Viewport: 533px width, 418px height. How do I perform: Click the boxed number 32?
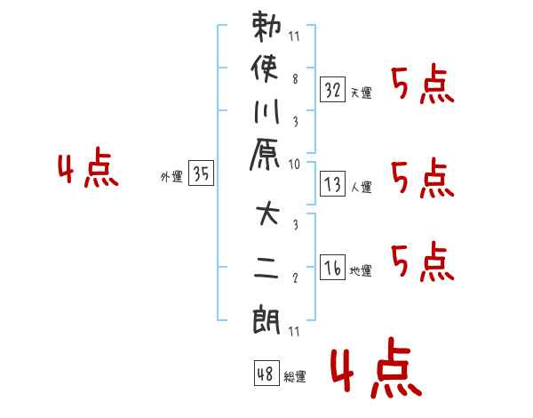[x=332, y=89]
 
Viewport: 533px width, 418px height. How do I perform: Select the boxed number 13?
[x=332, y=184]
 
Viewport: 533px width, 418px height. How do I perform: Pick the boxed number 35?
[x=201, y=174]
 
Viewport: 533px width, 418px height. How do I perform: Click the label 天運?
[x=362, y=92]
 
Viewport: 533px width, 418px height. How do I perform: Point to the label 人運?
[x=362, y=187]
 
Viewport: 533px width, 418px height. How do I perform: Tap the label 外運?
[x=171, y=177]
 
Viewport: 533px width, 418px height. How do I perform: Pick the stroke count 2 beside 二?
[x=294, y=277]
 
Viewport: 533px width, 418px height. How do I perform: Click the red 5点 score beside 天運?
[x=423, y=85]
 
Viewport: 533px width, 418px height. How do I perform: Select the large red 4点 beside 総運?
[x=374, y=371]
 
